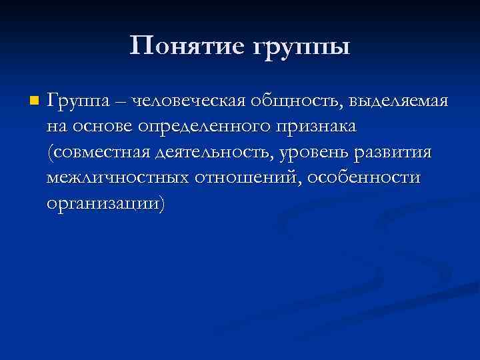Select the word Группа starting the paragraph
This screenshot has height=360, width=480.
77,102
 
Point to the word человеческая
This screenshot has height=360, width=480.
189,101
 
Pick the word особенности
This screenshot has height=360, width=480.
364,178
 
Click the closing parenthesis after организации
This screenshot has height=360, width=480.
159,203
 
